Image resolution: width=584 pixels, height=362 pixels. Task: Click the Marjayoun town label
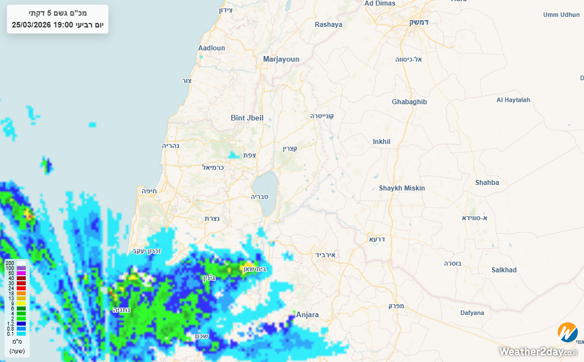click(x=281, y=59)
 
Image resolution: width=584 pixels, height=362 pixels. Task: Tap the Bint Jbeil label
click(x=247, y=118)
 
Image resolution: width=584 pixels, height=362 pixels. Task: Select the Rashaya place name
click(x=328, y=25)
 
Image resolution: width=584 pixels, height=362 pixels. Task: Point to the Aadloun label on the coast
click(x=212, y=48)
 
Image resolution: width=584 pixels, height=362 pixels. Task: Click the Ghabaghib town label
click(x=409, y=102)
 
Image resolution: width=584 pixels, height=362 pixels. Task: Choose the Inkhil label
click(x=381, y=142)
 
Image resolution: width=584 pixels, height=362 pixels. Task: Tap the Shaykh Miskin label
click(x=402, y=188)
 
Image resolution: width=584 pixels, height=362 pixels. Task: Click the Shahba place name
click(x=487, y=183)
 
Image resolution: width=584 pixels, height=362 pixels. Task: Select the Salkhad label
click(x=504, y=270)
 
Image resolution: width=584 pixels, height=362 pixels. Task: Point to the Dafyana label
click(x=472, y=313)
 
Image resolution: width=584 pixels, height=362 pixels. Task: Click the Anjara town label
click(x=307, y=315)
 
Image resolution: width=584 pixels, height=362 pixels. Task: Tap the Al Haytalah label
click(x=513, y=100)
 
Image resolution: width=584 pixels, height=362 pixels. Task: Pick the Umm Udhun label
click(x=562, y=15)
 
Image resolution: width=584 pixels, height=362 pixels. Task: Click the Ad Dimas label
click(x=380, y=3)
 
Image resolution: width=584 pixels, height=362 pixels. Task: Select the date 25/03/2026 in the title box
click(x=31, y=25)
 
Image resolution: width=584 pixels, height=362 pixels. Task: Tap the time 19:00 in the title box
click(x=63, y=25)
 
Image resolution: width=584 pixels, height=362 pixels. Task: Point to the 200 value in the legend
click(x=10, y=263)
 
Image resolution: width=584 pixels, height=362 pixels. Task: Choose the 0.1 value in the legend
click(x=11, y=334)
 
